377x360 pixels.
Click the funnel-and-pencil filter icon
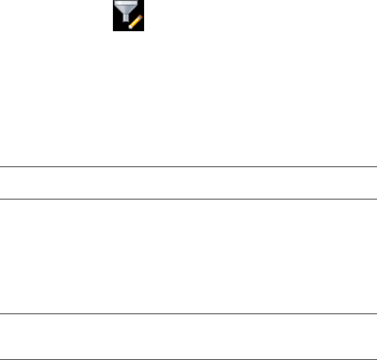pos(129,16)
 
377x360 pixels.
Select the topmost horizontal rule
pos(188,167)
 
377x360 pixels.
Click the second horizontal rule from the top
pos(188,199)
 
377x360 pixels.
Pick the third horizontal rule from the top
pos(188,314)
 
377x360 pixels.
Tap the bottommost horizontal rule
pos(188,359)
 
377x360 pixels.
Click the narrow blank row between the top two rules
pos(188,183)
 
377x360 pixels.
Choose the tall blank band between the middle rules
pos(188,256)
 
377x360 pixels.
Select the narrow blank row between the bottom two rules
pos(188,336)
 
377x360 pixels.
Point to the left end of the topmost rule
pos(2,167)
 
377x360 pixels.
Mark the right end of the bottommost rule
pos(375,359)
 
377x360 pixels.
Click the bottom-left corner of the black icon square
pos(114,31)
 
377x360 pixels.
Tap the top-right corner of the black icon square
pos(144,1)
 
